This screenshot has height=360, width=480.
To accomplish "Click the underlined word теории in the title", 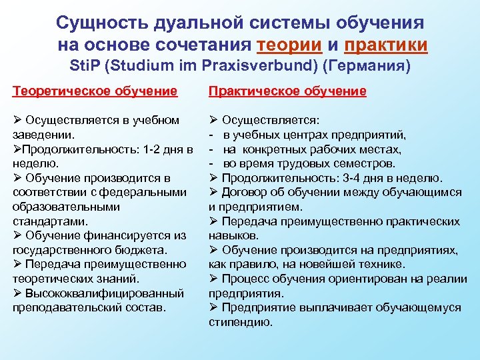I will click(287, 45).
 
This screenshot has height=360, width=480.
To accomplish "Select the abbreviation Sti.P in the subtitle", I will click(85, 67).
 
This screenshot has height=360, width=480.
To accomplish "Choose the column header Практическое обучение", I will click(288, 91).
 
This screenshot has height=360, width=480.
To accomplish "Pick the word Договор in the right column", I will click(243, 192).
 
